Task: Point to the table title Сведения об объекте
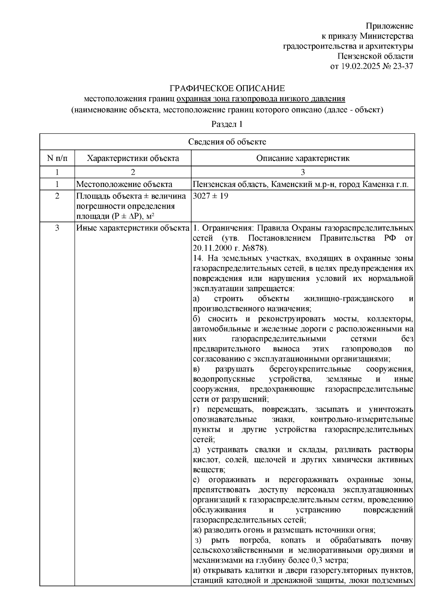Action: click(x=227, y=142)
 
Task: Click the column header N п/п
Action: click(x=57, y=158)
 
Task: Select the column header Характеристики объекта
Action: click(x=133, y=158)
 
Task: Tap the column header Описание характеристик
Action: click(x=303, y=158)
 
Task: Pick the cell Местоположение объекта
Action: click(x=124, y=184)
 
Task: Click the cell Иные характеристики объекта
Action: click(x=133, y=228)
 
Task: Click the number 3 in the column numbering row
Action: click(x=303, y=172)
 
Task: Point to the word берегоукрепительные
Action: click(x=310, y=370)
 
